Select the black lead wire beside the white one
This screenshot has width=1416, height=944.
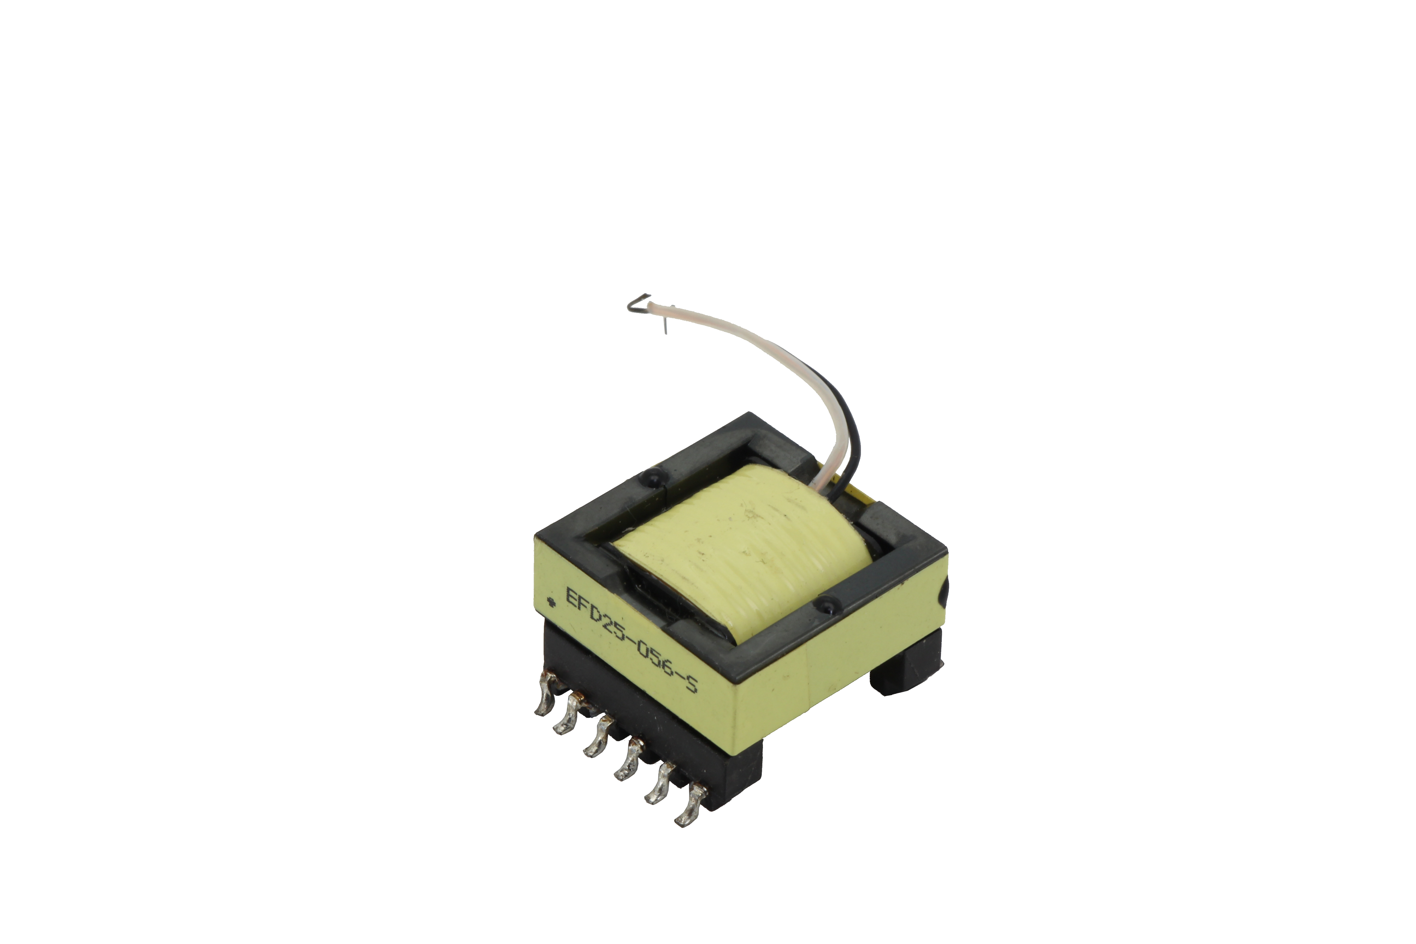[x=854, y=433]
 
